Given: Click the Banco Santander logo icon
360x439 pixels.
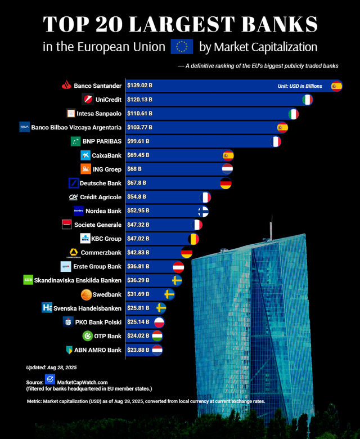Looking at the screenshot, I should (66, 86).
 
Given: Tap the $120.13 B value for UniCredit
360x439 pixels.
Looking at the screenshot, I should (139, 100).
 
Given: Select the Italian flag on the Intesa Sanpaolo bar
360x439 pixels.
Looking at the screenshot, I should (293, 114).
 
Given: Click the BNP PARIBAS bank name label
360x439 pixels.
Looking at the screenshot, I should (102, 141).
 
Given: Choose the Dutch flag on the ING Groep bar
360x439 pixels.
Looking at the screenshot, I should (227, 169).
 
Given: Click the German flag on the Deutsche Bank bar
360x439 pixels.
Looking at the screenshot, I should (226, 183).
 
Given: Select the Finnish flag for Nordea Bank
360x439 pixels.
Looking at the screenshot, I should (204, 211).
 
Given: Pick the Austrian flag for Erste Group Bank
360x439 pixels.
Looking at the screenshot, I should (178, 266).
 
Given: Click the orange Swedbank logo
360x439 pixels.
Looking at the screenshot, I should (86, 294).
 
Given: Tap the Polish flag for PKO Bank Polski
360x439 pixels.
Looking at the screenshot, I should (160, 322).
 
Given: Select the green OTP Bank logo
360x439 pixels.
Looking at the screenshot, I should (87, 336).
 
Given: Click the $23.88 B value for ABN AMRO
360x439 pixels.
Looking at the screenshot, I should (138, 350).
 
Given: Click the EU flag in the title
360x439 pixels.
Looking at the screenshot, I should (182, 47).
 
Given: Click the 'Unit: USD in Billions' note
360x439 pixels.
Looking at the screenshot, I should (300, 86).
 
